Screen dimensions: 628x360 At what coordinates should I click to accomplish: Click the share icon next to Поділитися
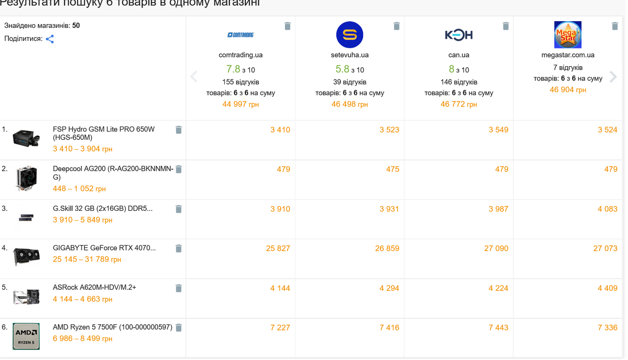click(x=50, y=39)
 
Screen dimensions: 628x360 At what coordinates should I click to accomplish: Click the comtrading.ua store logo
click(x=241, y=35)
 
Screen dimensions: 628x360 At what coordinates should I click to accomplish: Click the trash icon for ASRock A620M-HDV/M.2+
click(x=179, y=289)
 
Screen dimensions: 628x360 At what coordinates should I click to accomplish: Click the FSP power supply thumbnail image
click(x=26, y=138)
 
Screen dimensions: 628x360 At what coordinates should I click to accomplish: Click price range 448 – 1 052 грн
click(x=79, y=189)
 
